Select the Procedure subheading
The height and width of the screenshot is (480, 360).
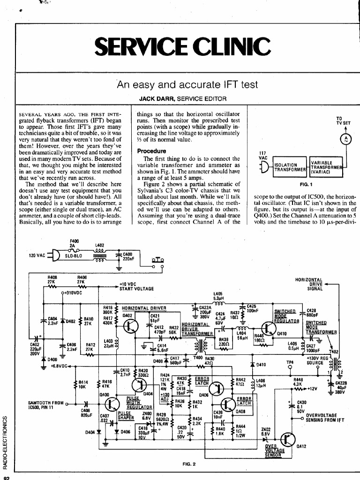coord(151,151)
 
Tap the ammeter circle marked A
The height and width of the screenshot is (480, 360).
coord(345,139)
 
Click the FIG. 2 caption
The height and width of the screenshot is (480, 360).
coord(189,465)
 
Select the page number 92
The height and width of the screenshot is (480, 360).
coord(7,477)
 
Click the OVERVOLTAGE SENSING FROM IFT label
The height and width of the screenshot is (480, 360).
coord(325,417)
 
